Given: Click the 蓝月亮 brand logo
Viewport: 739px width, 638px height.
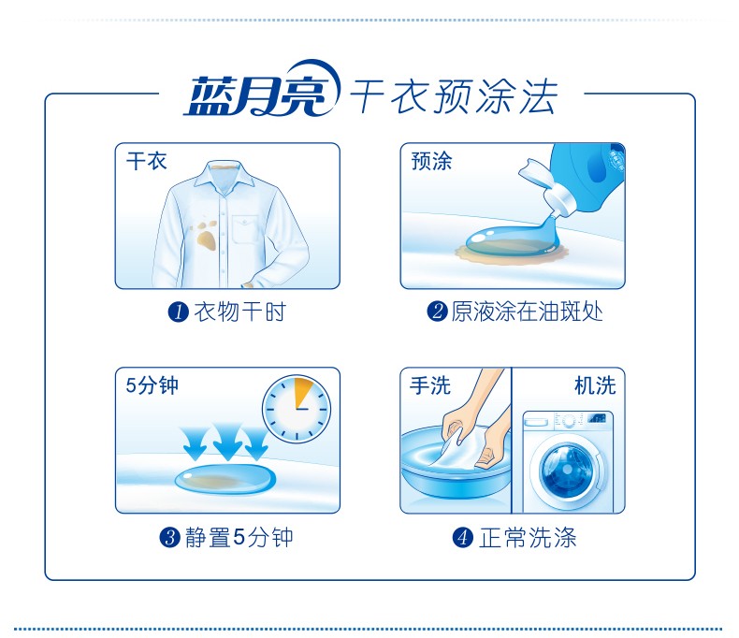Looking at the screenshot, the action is point(262,90).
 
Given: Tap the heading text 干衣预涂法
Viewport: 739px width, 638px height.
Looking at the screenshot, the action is point(454,96).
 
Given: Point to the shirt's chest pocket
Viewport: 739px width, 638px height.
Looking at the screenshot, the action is point(247,229).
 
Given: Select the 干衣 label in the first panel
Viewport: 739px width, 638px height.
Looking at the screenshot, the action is point(147,162).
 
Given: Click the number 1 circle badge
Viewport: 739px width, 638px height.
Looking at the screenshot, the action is point(178,312).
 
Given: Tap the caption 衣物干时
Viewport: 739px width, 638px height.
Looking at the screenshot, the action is point(239,312).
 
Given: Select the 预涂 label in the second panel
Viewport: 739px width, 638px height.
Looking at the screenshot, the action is point(431,162).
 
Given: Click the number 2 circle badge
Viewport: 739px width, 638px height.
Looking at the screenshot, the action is point(438,312).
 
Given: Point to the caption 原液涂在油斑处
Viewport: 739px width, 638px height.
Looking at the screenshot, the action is point(527,312).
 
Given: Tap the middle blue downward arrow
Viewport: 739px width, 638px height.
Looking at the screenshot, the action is point(227,442).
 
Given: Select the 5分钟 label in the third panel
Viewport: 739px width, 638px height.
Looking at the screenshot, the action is point(152,385).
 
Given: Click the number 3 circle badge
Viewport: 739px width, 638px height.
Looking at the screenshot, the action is point(169,537).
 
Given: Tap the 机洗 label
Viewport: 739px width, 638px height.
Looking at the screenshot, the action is point(595,385).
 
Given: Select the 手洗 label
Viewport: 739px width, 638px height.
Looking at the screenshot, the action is point(430,385).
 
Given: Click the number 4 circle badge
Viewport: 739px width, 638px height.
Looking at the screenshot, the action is point(463,537).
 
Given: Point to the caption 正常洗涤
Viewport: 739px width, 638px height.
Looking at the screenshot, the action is point(528,538).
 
